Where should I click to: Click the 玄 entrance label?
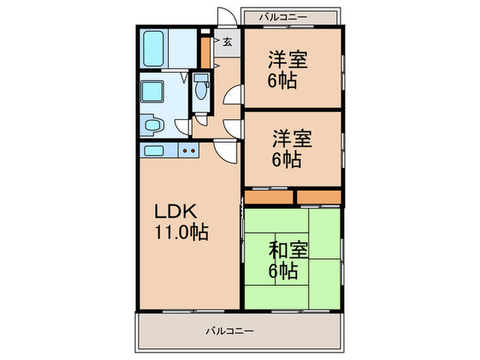[226, 43]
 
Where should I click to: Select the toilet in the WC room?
[200, 89]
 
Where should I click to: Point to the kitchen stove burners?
[189, 150]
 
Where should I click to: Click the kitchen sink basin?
[154, 150]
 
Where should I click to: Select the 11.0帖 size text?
[180, 232]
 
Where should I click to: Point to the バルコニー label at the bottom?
[230, 331]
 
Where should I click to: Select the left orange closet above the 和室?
[269, 197]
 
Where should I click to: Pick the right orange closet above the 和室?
[319, 197]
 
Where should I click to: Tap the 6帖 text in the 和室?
[283, 271]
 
